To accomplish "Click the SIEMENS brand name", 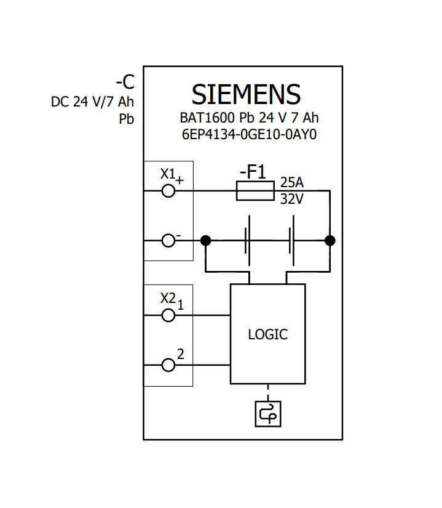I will coord(246,95).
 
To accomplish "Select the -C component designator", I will coord(125,82).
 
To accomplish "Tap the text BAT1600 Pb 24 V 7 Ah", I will coord(249,118).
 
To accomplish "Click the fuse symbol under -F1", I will coord(255,191).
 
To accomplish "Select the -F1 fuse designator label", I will coord(253,172).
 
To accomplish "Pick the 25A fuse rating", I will coord(292,183).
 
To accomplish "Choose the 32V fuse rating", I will coord(292,200).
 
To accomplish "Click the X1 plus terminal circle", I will coord(168,191).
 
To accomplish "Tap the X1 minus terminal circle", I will coord(168,241).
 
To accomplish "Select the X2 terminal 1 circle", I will coord(168,315).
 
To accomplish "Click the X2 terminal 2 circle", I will coord(168,366).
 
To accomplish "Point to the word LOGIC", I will coord(267,335).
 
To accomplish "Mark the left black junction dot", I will coord(206,241).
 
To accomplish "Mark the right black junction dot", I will coord(330,241).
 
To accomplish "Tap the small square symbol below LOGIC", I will coord(267,413).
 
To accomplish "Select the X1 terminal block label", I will coord(168,174).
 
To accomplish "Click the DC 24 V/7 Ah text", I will coord(92,102).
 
